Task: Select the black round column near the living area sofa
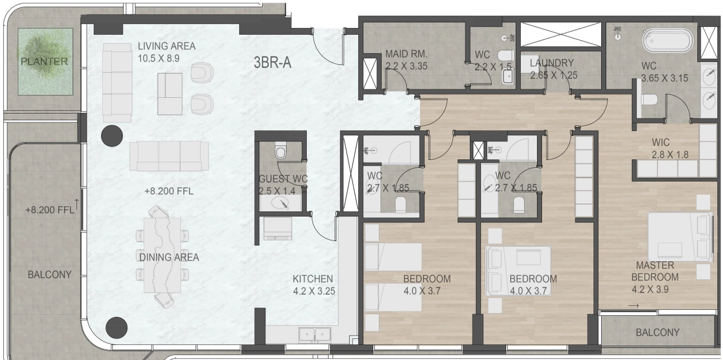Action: (112, 135)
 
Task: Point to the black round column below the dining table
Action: (117, 327)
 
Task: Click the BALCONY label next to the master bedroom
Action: (658, 333)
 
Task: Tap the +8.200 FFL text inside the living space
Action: (169, 191)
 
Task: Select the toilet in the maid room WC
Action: (506, 56)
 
